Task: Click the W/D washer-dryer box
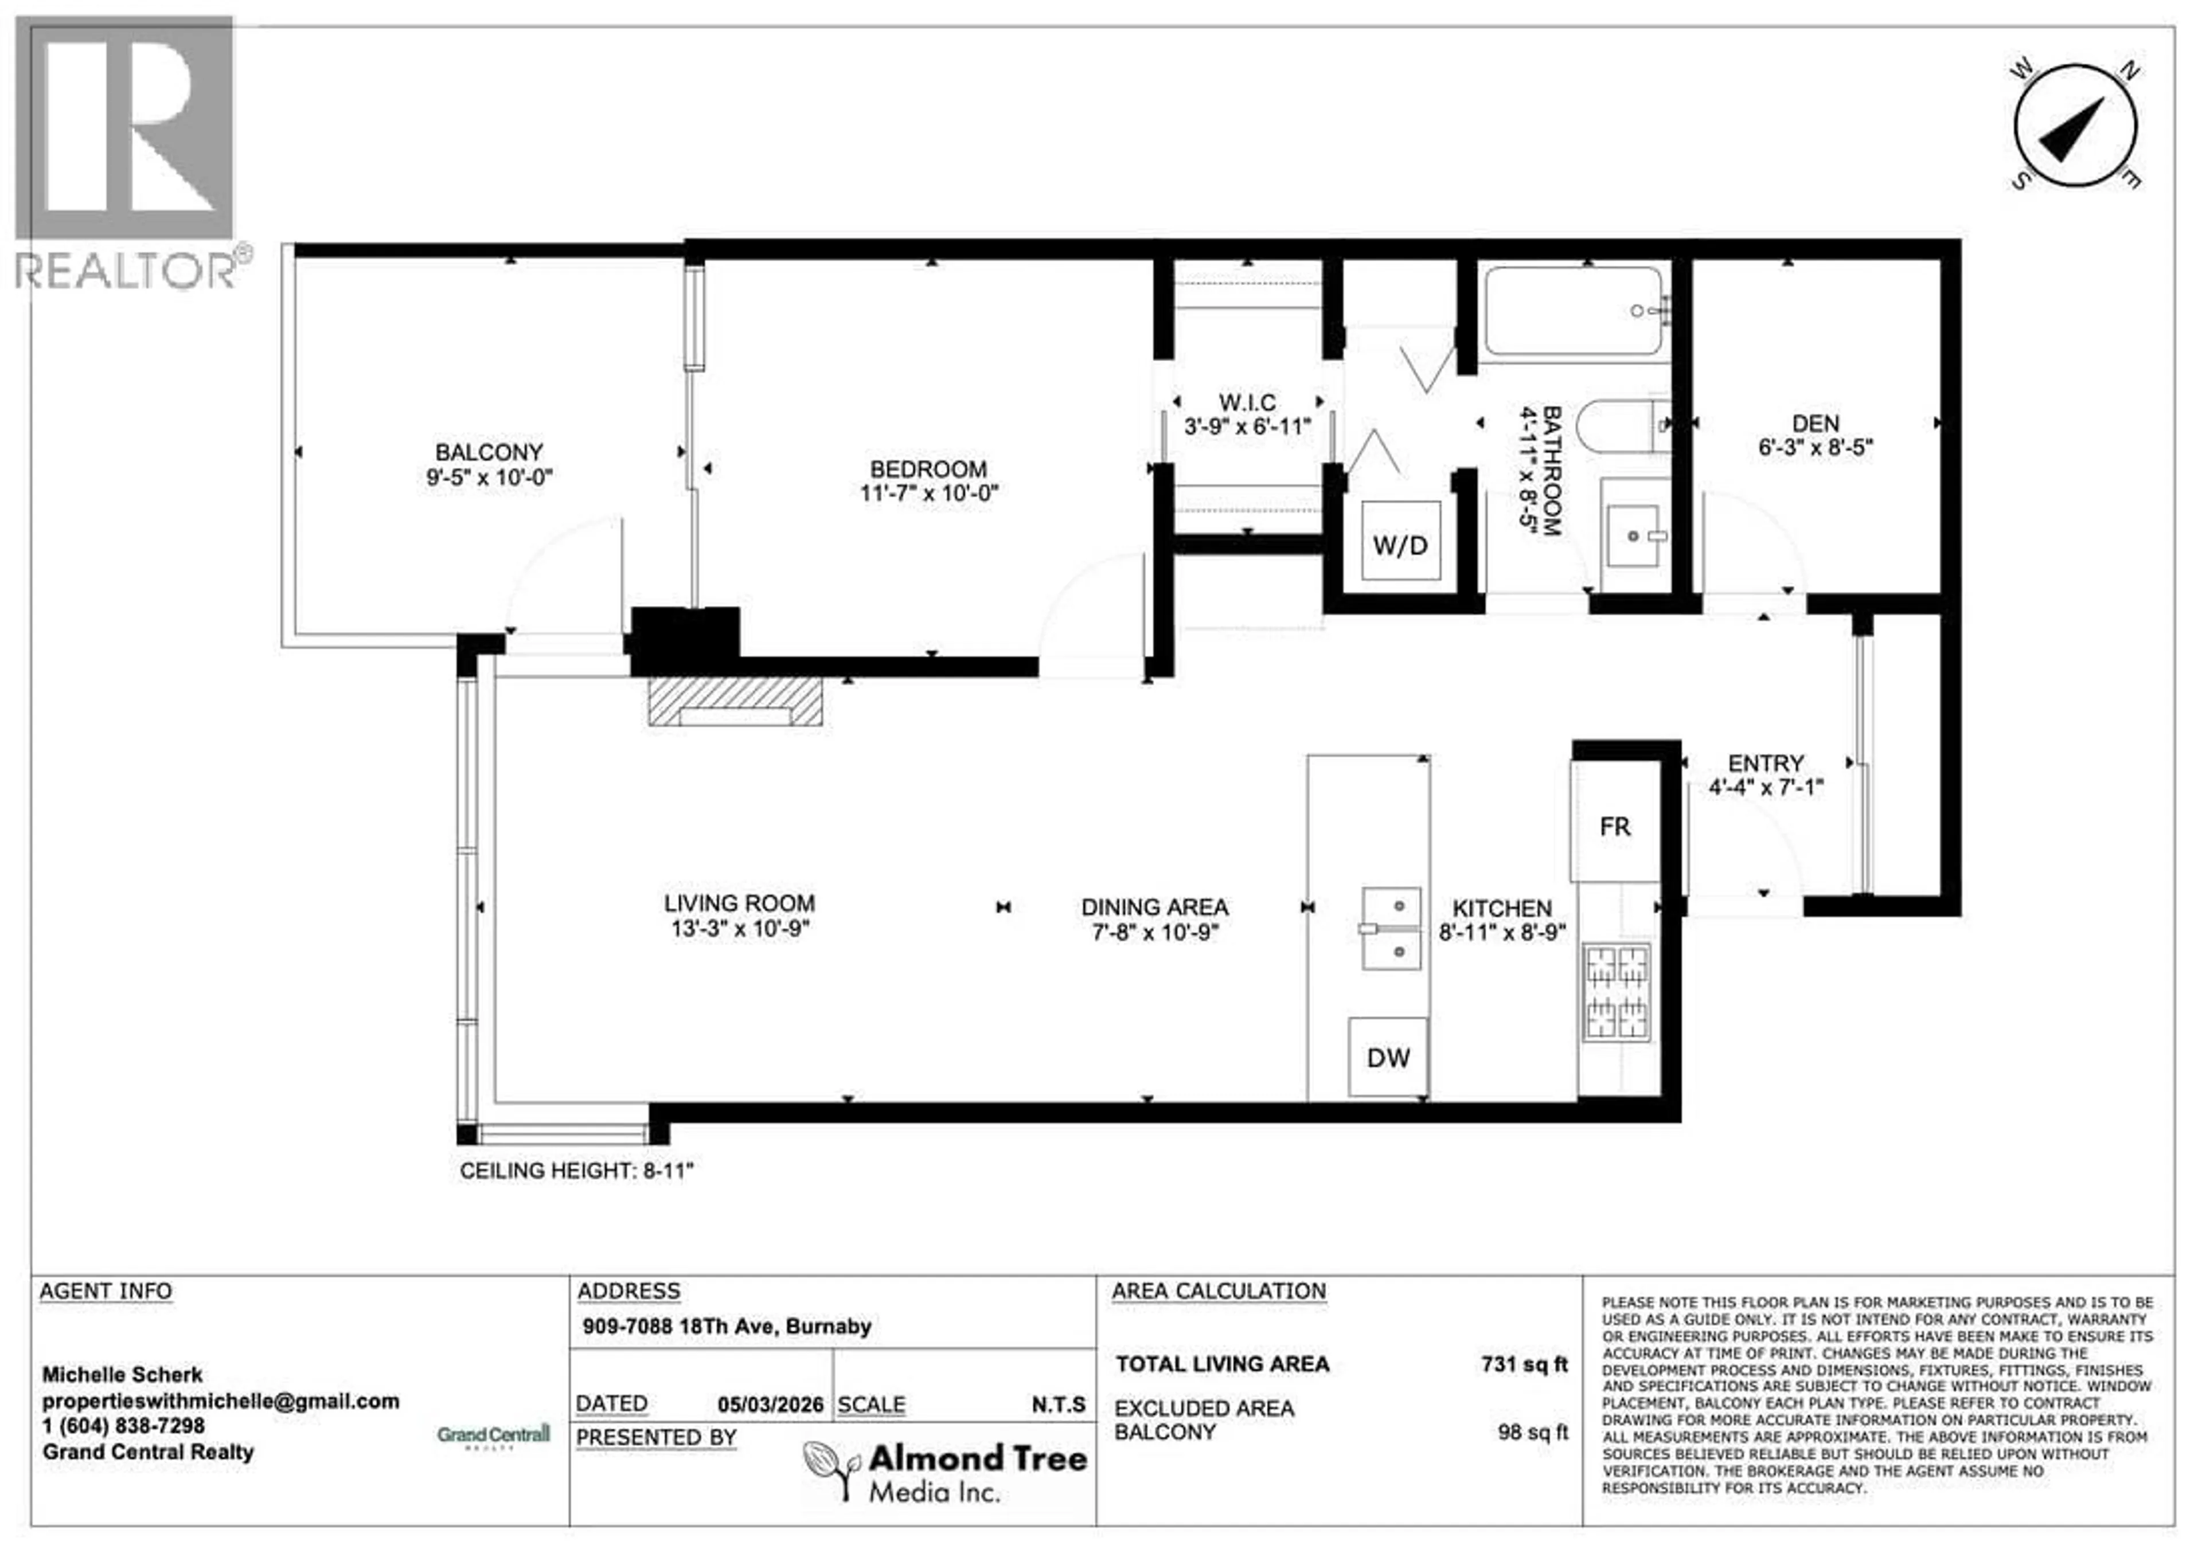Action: pyautogui.click(x=1400, y=543)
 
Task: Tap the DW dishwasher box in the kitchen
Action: pyautogui.click(x=1388, y=1058)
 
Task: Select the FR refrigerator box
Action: pyautogui.click(x=1615, y=826)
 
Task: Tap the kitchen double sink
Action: pyautogui.click(x=1392, y=928)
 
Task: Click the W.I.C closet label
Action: pyautogui.click(x=1247, y=402)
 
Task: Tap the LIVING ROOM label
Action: pyautogui.click(x=739, y=903)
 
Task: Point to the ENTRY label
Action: pyautogui.click(x=1766, y=763)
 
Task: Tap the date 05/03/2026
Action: pyautogui.click(x=770, y=1405)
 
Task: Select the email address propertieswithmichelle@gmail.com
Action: pyautogui.click(x=221, y=1400)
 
